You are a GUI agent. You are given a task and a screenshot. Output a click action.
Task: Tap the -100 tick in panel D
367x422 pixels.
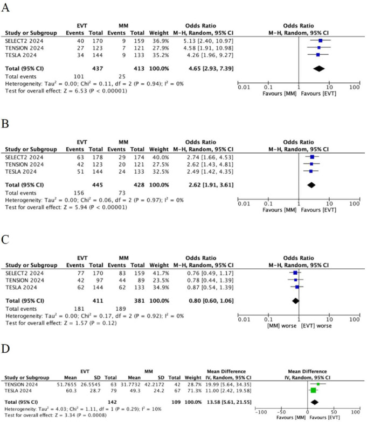click(x=261, y=412)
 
